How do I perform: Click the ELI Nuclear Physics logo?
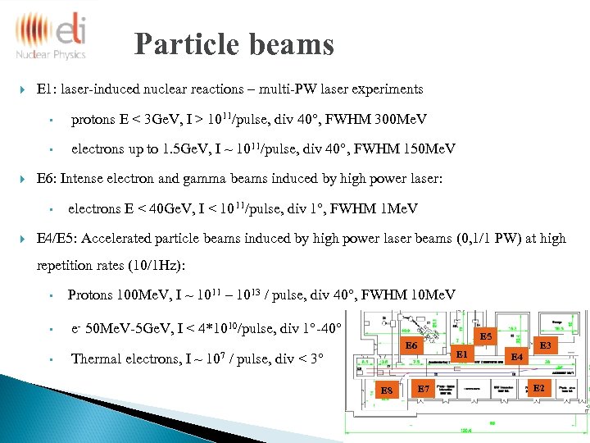tap(51, 34)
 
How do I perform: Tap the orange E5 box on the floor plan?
tap(486, 336)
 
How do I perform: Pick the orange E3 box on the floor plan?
tap(545, 345)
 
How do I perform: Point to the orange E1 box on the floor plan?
tap(462, 354)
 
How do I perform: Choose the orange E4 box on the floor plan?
tap(516, 357)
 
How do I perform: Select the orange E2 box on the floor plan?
tap(538, 386)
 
